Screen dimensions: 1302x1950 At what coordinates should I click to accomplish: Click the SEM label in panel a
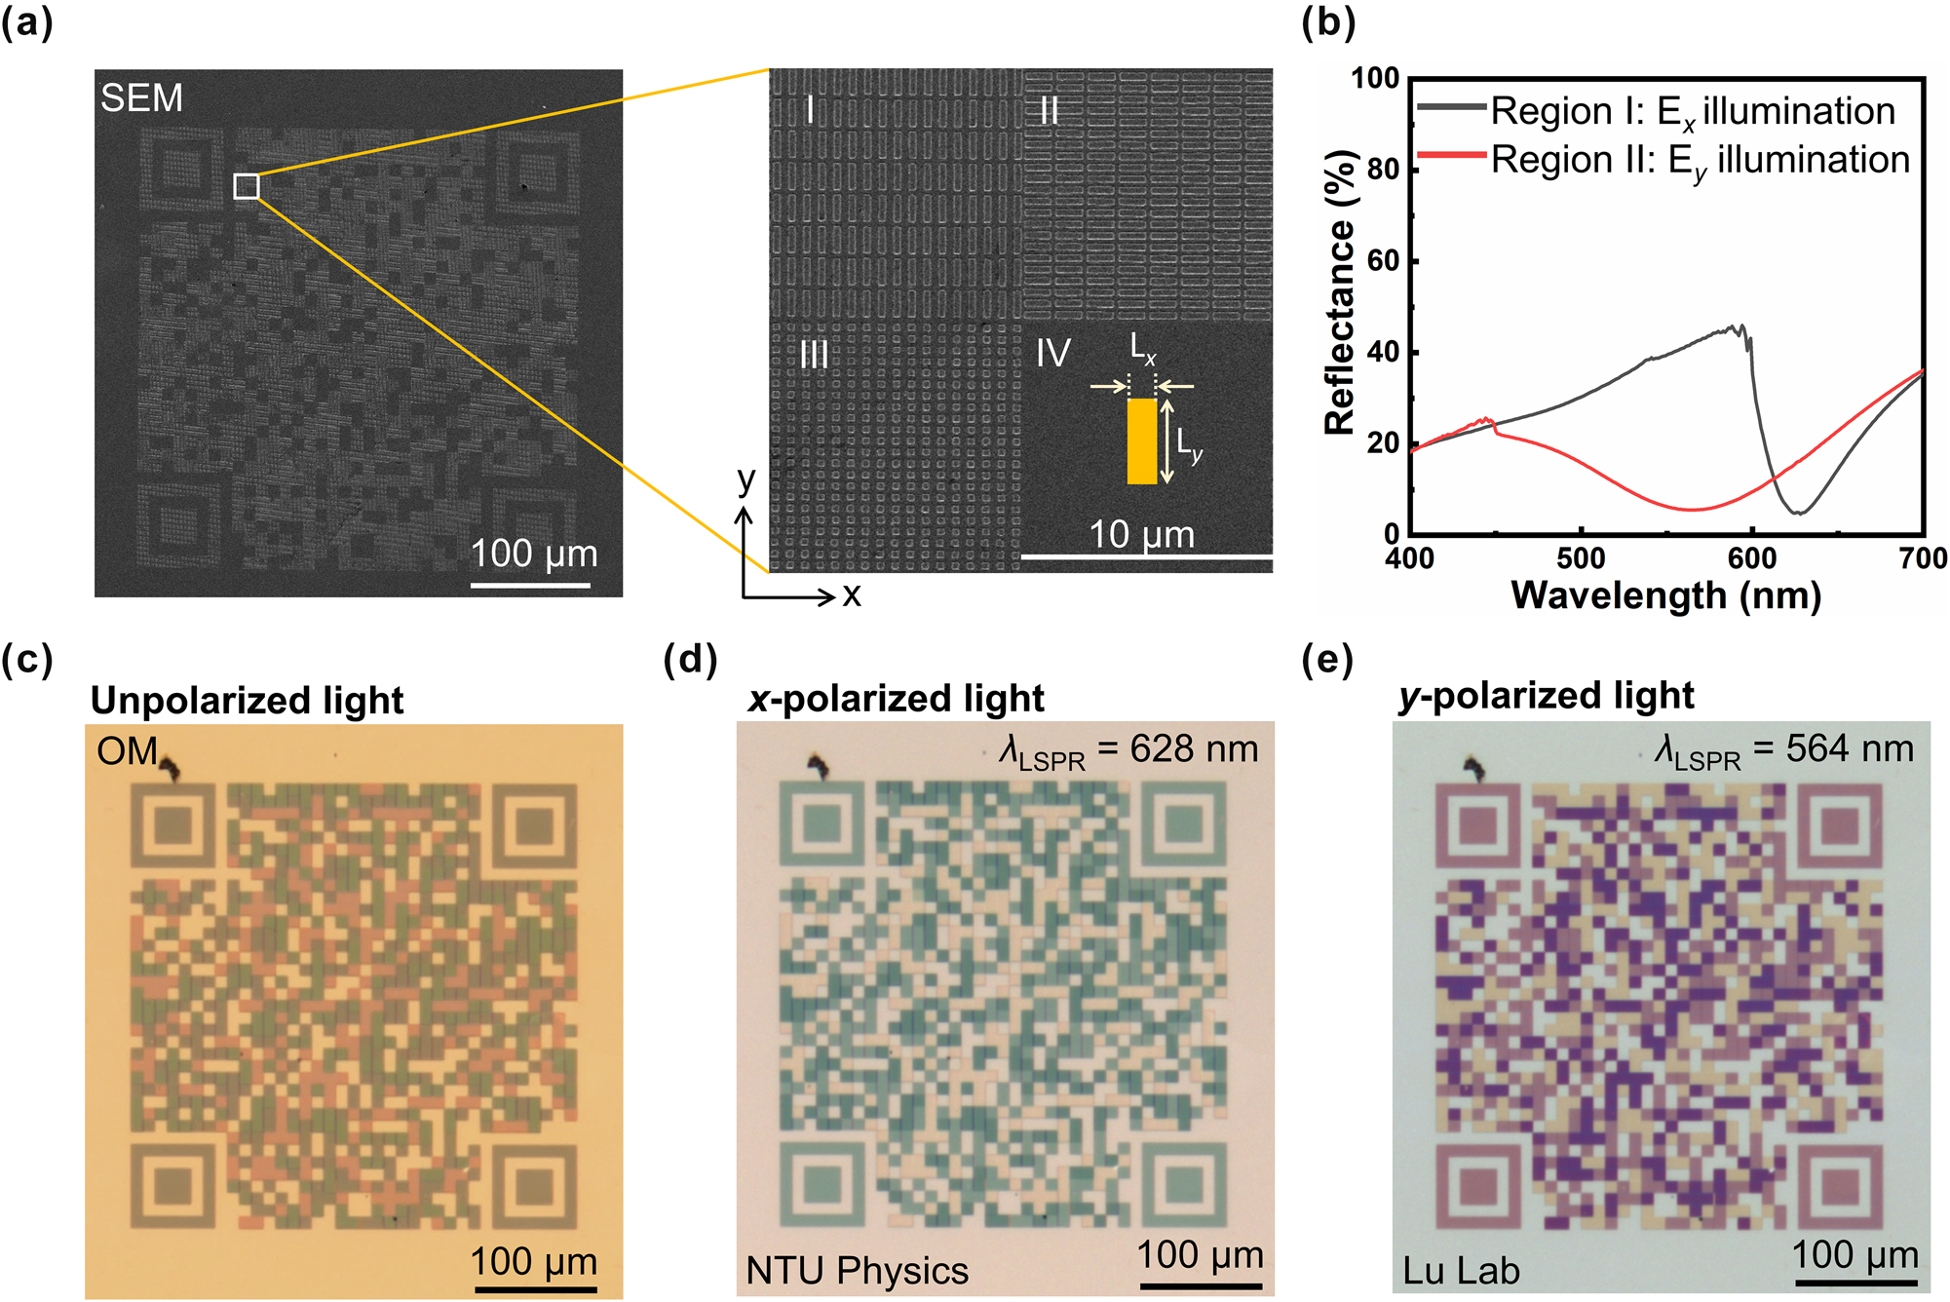(141, 98)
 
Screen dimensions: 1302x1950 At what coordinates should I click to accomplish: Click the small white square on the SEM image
(247, 186)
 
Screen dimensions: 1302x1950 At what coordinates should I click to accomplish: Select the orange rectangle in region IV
(1141, 440)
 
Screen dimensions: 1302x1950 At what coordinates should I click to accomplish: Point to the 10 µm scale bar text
(1141, 534)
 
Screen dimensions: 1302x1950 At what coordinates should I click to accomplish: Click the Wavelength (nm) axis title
(1665, 595)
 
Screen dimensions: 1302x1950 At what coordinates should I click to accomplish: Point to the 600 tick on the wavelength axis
(1751, 558)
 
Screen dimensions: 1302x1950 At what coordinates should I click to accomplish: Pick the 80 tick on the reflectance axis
(1383, 170)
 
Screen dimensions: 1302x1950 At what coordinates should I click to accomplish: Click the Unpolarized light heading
(247, 701)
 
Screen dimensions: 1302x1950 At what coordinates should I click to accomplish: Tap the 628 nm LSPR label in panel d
(1128, 750)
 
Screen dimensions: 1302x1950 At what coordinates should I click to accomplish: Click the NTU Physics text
(857, 1271)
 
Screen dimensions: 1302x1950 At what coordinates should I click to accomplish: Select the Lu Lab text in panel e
(1460, 1271)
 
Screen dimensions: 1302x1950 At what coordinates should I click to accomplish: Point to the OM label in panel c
(127, 751)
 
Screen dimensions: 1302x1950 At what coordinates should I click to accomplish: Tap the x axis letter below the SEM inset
(852, 594)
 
